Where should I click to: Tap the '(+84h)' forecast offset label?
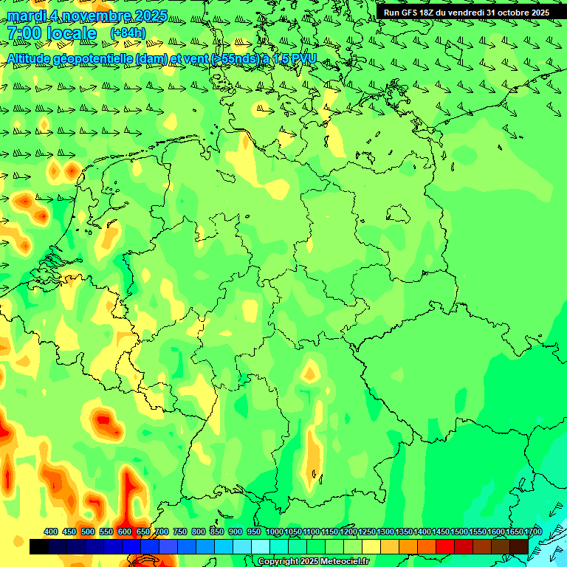128,32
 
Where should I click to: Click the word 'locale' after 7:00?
72,33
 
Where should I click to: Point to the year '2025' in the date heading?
147,16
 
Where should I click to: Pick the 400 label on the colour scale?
51,532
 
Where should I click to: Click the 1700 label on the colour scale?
533,532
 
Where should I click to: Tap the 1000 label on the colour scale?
275,532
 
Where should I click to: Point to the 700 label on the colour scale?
162,532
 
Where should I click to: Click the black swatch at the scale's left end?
39,546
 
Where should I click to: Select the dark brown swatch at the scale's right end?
518,546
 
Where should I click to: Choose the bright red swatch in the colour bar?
444,546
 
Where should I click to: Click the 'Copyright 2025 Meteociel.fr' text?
314,562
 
